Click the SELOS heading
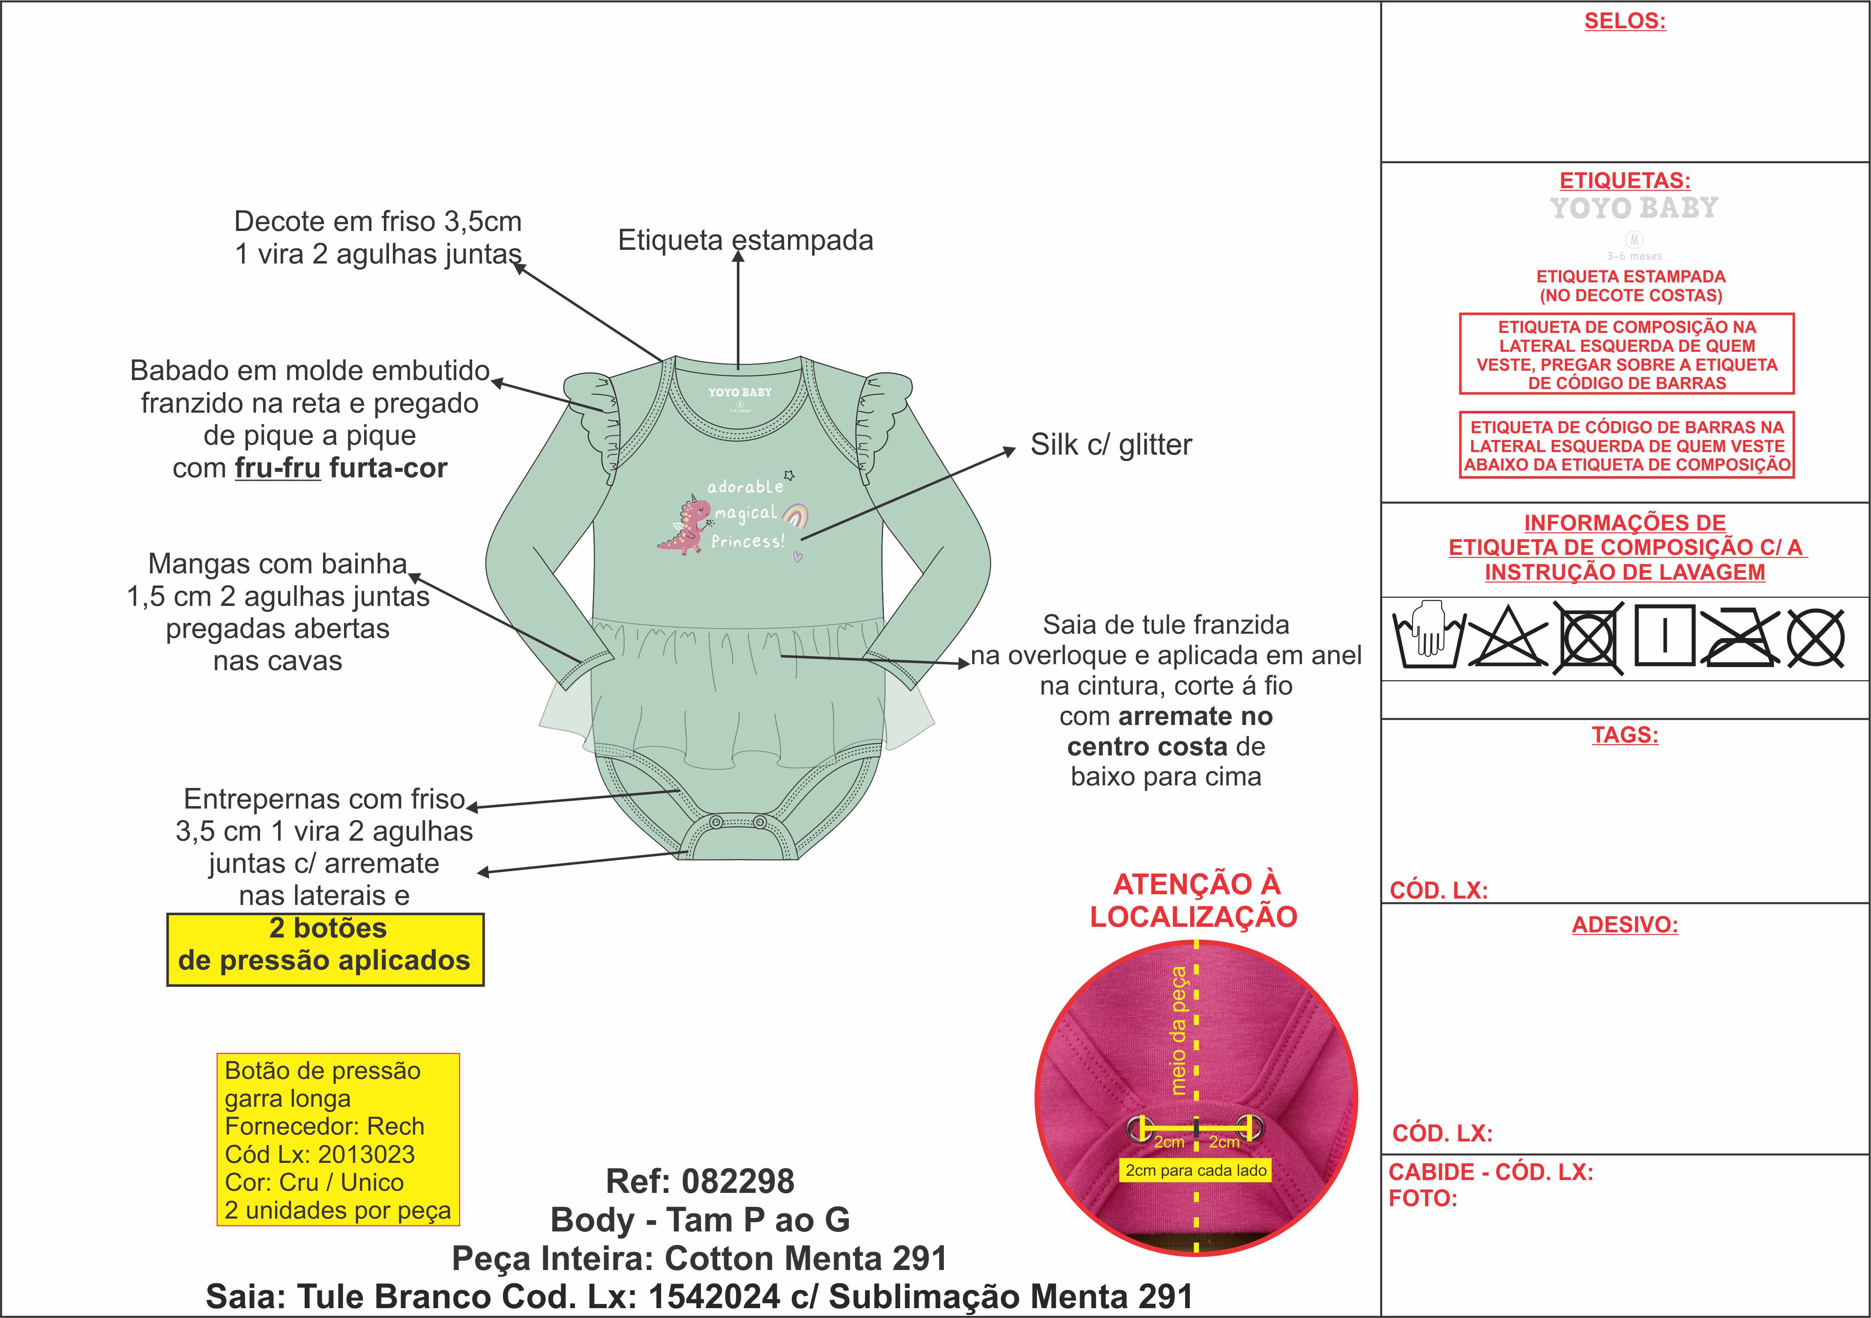click(1625, 21)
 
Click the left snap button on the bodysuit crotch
click(715, 822)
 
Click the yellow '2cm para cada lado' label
click(1195, 1171)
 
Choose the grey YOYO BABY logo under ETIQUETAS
click(1634, 209)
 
